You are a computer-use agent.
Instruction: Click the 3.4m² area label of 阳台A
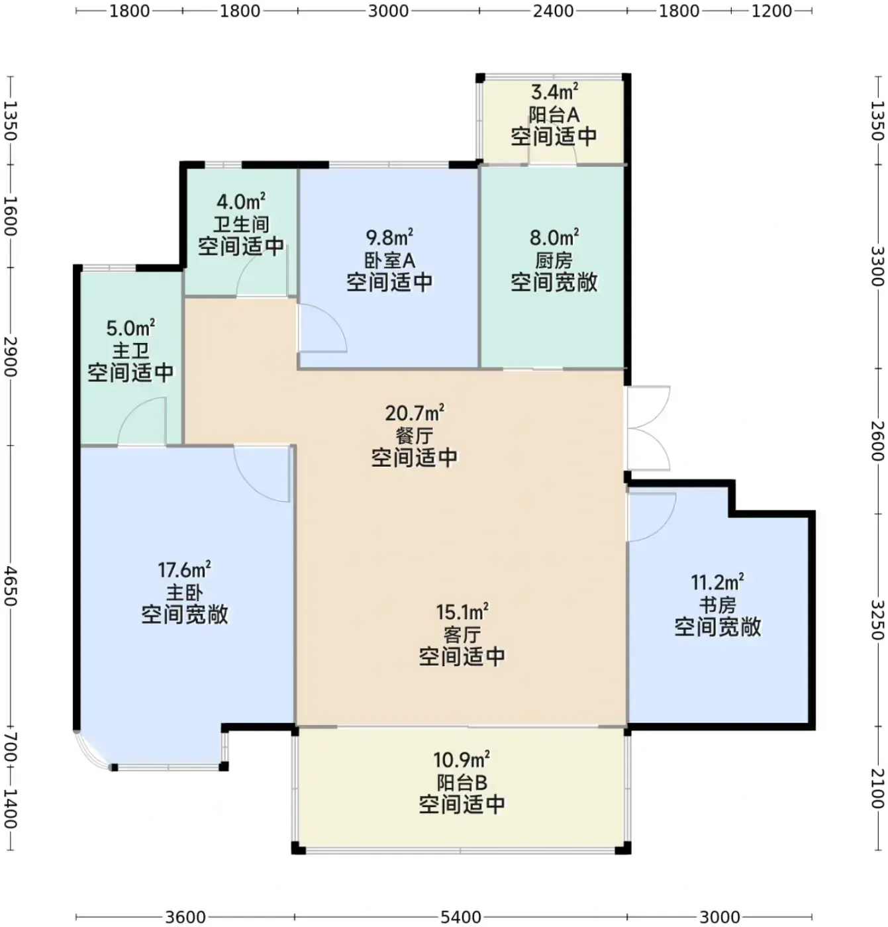(554, 91)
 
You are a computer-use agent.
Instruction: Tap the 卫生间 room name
(241, 224)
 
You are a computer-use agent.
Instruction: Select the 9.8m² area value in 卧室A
(389, 237)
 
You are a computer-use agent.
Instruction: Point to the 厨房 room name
(554, 261)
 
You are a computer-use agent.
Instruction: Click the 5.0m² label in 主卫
(130, 328)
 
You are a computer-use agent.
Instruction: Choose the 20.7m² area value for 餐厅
(415, 413)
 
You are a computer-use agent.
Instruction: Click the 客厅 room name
(462, 635)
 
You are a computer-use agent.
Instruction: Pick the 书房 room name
(717, 605)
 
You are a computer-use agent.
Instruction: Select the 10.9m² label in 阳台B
(462, 759)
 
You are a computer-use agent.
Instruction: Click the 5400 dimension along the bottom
(460, 916)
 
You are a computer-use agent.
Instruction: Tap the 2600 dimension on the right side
(877, 441)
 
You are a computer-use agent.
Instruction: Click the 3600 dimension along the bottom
(185, 916)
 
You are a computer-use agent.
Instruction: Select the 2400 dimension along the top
(553, 11)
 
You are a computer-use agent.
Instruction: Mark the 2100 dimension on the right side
(877, 789)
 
